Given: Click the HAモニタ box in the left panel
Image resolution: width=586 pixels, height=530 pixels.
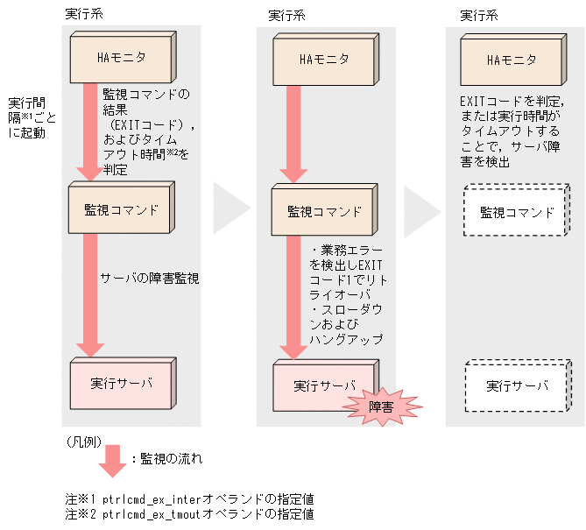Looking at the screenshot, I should (121, 59).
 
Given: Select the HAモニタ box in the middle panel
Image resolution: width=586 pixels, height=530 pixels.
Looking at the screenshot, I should (324, 60).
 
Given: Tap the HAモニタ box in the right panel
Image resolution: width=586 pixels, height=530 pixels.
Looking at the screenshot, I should (511, 60).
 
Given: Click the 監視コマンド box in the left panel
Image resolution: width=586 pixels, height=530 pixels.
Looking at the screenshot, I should (121, 210).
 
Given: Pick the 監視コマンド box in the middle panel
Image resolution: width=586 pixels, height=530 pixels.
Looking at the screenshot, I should (324, 212).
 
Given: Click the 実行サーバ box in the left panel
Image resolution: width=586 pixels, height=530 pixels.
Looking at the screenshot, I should (121, 384).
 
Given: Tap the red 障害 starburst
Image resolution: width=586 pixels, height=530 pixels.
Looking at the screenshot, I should (380, 406).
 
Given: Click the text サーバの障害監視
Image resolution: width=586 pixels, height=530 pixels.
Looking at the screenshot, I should (150, 279).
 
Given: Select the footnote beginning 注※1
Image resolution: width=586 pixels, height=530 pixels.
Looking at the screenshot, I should (190, 498).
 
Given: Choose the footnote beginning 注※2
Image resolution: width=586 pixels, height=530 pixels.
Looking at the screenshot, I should (190, 514).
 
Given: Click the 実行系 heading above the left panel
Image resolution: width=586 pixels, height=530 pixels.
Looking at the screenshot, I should (84, 15).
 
